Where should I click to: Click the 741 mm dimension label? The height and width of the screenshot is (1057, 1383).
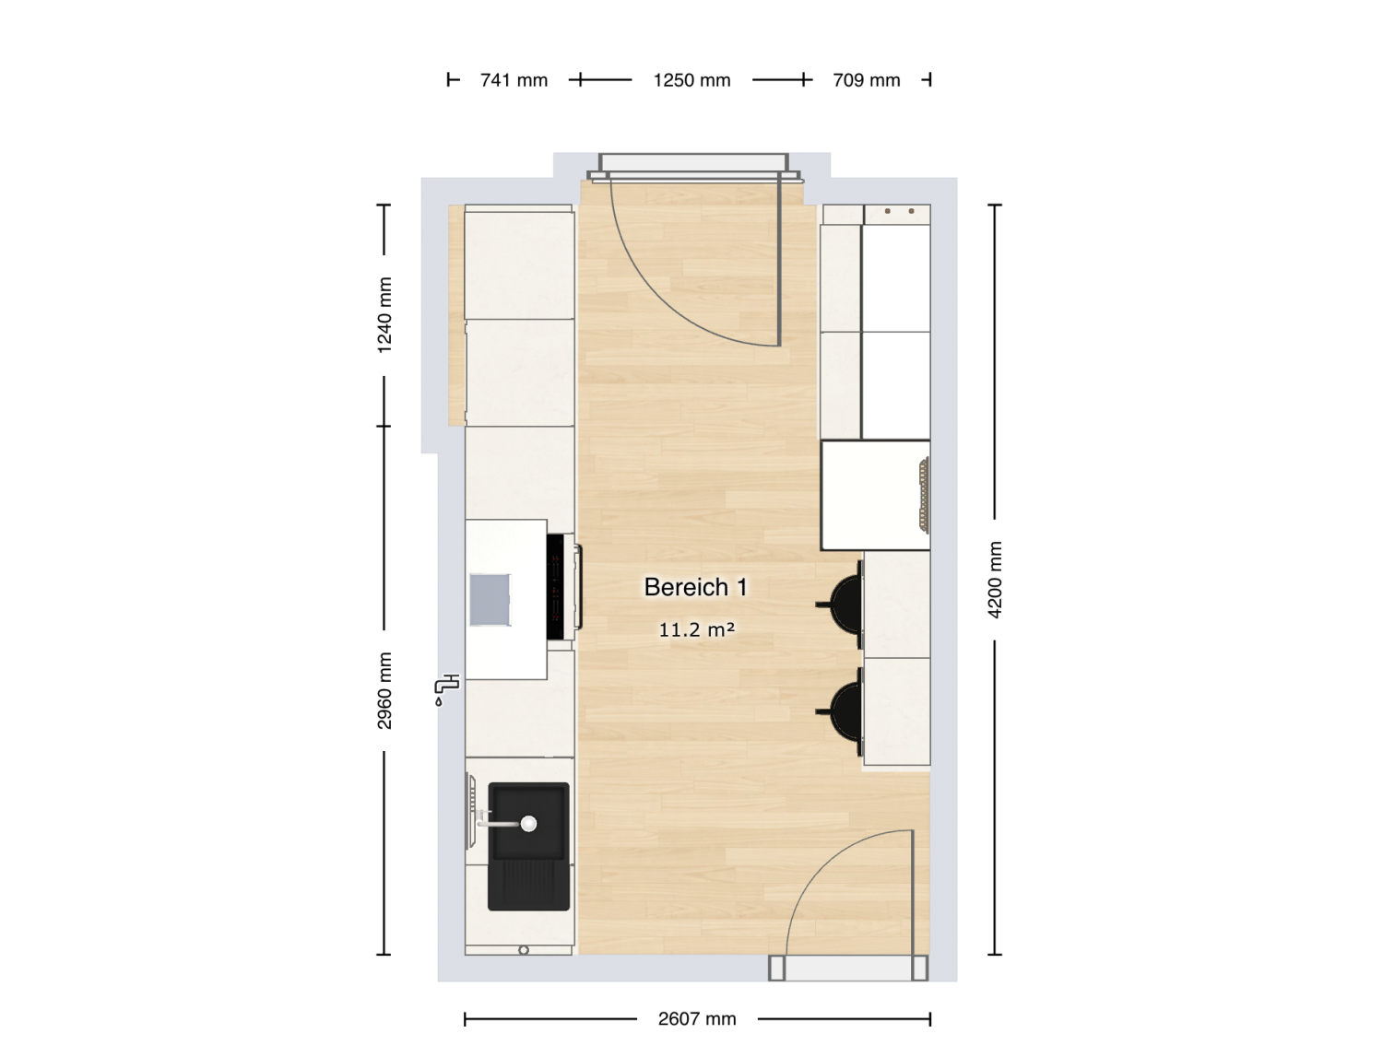point(514,80)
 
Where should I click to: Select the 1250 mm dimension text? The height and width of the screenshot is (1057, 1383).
point(691,80)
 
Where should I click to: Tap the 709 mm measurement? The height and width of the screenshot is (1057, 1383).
point(866,80)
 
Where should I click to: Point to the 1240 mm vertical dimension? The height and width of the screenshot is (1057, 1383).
point(384,315)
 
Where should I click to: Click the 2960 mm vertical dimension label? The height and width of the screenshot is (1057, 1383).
point(384,690)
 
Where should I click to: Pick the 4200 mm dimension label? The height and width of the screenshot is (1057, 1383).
point(994,580)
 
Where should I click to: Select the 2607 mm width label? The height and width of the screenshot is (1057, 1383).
point(697,1018)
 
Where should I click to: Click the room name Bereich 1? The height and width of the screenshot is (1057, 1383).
point(695,587)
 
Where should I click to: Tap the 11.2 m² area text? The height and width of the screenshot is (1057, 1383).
point(697,629)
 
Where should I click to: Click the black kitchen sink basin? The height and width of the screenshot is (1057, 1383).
point(528,845)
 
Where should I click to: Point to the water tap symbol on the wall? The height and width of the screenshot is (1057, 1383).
point(447,690)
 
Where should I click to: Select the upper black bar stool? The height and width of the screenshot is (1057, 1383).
point(841,605)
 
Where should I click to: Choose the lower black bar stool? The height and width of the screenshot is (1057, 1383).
point(841,711)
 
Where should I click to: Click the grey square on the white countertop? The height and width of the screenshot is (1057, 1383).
point(491,600)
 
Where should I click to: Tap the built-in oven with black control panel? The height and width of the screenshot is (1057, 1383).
point(562,587)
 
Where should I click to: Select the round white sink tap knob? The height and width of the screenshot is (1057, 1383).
point(528,823)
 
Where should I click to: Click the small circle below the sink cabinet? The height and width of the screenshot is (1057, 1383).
point(524,950)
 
